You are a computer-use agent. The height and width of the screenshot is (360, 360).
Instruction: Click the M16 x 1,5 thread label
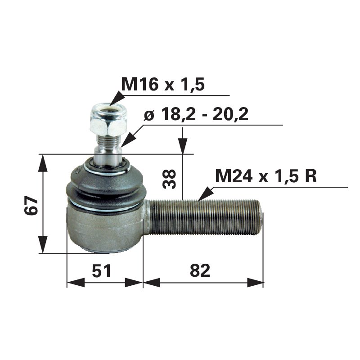click(x=163, y=85)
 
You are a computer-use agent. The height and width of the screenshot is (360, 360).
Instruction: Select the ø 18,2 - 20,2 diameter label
click(x=196, y=115)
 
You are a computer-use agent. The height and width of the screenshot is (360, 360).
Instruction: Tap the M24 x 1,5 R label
click(x=266, y=176)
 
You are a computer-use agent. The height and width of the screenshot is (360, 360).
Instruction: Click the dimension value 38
click(x=170, y=179)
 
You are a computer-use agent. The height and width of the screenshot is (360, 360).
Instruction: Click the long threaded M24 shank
click(x=205, y=216)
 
